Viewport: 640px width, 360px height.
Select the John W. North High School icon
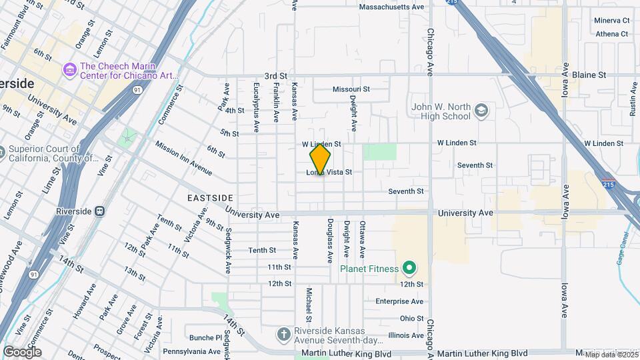[x=482, y=110]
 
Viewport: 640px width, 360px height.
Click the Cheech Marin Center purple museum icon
[x=69, y=69]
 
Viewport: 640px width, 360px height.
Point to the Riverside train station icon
[x=100, y=211]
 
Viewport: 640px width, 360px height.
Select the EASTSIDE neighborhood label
[x=210, y=198]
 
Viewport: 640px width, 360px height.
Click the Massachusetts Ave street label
[x=391, y=7]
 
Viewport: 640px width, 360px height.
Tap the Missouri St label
[x=351, y=89]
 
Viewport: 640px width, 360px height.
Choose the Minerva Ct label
[x=612, y=21]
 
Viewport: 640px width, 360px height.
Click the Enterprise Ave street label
[x=399, y=301]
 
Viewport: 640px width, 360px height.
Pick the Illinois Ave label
[x=405, y=335]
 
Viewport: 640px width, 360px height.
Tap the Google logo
[x=22, y=351]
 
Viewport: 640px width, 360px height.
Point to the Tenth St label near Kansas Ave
[x=262, y=251]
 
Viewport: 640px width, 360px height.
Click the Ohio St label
[x=411, y=319]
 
